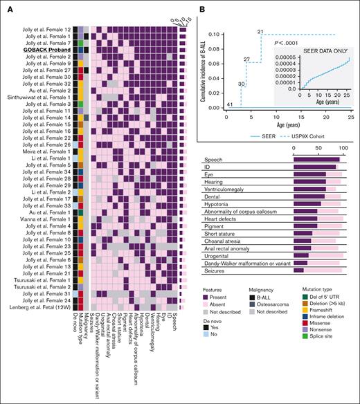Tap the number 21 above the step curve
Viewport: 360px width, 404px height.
click(x=260, y=32)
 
